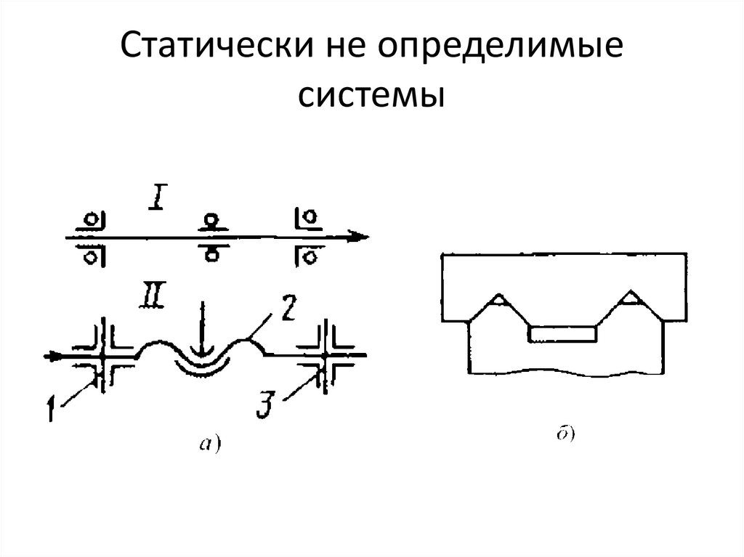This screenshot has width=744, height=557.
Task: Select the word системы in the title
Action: point(371,94)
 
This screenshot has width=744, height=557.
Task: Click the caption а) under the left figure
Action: point(209,442)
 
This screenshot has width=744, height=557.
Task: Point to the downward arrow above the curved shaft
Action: point(203,335)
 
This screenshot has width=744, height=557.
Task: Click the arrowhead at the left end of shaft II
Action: point(52,357)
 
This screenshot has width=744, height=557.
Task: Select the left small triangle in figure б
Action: point(498,298)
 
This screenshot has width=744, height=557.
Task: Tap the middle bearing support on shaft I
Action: point(211,236)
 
